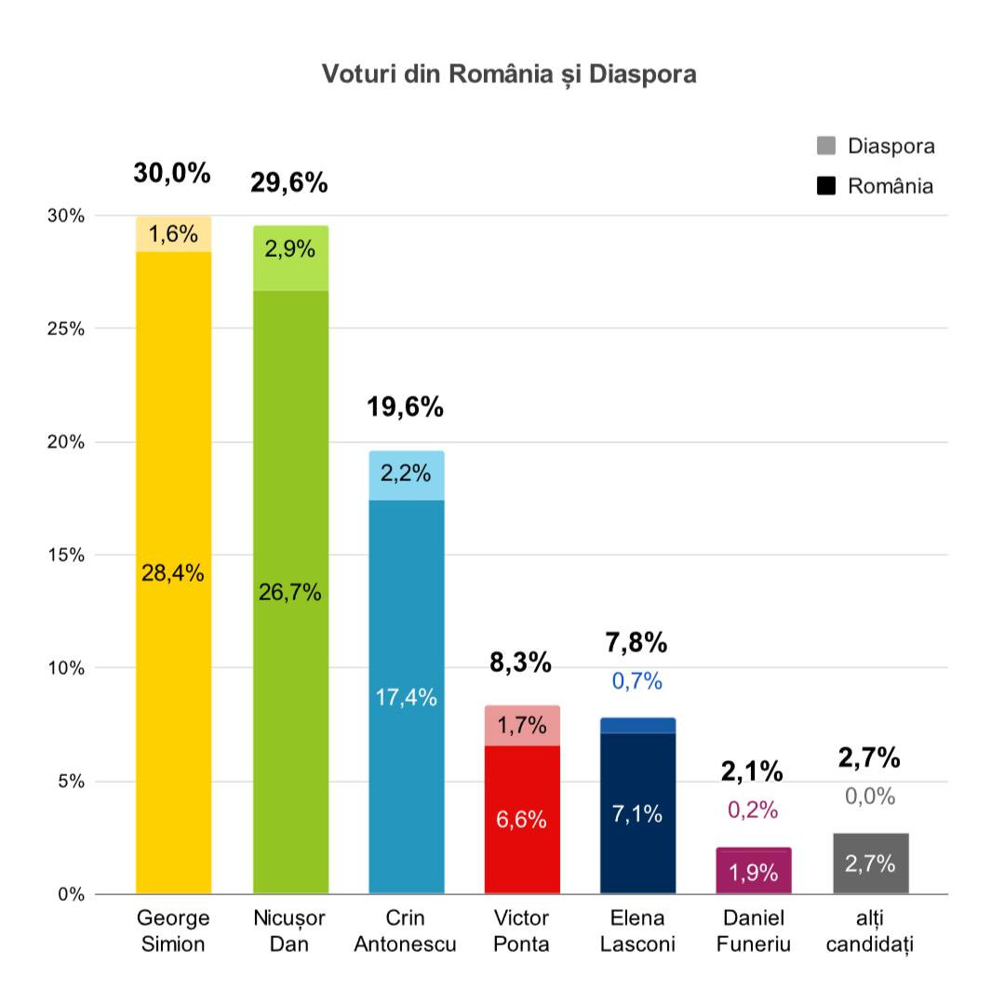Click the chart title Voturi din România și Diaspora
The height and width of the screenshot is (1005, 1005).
point(509,74)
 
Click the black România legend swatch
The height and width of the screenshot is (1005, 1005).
point(826,186)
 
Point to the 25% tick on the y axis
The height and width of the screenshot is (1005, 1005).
point(66,328)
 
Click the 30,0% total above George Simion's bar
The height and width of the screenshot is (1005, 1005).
point(172,173)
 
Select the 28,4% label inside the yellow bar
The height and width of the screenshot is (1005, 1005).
point(173,573)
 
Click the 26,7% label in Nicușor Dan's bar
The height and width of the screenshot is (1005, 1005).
point(290,592)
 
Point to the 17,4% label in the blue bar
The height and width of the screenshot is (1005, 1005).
point(406,697)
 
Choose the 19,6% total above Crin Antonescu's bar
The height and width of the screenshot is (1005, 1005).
point(405,408)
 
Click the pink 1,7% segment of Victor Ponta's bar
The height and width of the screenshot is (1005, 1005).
point(522,726)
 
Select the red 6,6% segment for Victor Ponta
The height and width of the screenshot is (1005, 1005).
point(522,819)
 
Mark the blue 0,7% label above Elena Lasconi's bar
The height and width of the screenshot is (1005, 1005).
point(637,681)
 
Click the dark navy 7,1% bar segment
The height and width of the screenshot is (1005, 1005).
point(637,813)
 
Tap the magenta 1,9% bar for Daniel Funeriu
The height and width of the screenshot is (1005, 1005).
point(754,873)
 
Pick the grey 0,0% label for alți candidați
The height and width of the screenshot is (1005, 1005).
point(870,797)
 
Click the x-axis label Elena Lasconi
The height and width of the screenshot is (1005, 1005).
point(637,931)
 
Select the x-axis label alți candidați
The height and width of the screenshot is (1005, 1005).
point(870,931)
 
